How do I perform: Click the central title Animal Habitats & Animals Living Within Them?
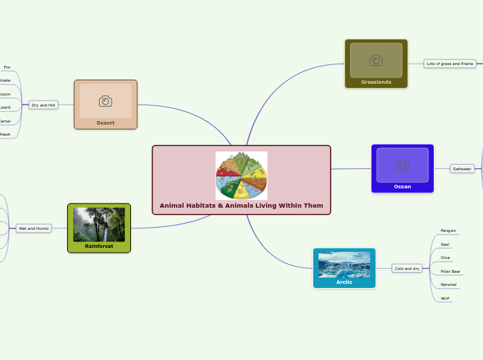241,206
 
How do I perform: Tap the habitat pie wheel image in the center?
241,175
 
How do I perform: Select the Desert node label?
105,123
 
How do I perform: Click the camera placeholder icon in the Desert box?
105,101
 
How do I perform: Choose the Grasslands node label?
376,82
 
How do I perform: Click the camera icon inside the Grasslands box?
376,60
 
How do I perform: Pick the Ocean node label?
402,186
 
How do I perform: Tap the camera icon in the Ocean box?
402,165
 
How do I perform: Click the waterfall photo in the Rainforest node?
99,224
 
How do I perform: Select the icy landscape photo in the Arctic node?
344,264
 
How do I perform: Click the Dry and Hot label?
43,105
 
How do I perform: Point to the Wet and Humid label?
33,228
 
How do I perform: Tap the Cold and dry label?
406,268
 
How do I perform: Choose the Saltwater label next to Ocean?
462,168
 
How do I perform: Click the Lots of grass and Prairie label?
450,63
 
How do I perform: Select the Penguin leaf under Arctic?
448,231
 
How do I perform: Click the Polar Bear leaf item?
450,271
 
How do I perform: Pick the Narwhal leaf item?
448,285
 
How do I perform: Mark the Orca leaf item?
446,258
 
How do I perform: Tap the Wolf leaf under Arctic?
445,298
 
